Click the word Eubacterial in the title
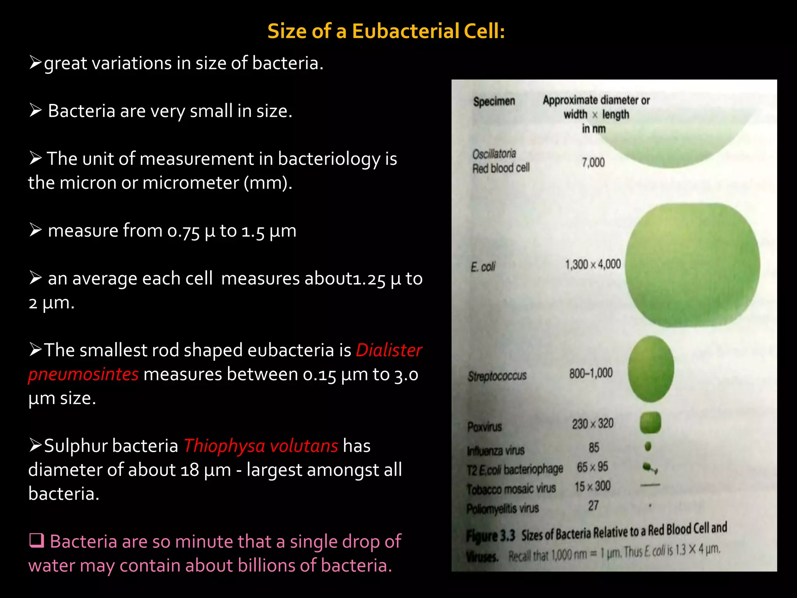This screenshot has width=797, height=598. point(405,31)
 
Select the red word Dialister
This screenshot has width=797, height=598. point(389,350)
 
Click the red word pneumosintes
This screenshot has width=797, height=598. point(83,375)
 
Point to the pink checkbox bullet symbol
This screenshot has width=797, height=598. point(37,541)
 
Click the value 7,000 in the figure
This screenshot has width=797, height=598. point(593,162)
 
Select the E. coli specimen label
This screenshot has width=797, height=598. point(483,267)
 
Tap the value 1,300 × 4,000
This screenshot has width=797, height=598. point(593,265)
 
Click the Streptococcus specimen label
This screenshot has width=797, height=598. point(497,376)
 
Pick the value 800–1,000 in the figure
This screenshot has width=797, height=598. point(591,373)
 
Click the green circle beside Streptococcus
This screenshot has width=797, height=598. point(651,369)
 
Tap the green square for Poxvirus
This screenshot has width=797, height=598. point(650,422)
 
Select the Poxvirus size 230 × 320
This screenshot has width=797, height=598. point(592,424)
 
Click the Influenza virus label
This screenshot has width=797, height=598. point(495,450)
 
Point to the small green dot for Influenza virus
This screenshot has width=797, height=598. point(648,446)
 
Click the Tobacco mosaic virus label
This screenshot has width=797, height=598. point(511,489)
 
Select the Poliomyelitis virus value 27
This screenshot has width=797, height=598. point(593,506)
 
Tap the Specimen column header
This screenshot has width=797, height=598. point(494,102)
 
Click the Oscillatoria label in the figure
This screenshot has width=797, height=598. point(494,154)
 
